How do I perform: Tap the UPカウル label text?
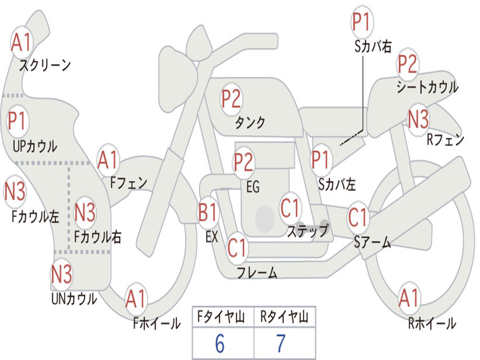pos(35,146)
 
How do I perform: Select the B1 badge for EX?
pos(209,213)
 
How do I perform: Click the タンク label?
pos(250,123)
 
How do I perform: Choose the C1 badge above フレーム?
pos(237,247)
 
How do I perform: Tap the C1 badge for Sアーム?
pos(359,217)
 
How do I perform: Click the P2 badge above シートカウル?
pos(408,65)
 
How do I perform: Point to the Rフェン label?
pos(445,140)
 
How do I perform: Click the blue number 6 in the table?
pos(220,344)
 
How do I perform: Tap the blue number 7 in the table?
pos(281,344)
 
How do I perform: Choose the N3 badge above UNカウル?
pos(61,274)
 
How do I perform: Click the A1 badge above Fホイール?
pos(136,299)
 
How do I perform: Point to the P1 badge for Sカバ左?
pos(322,160)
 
